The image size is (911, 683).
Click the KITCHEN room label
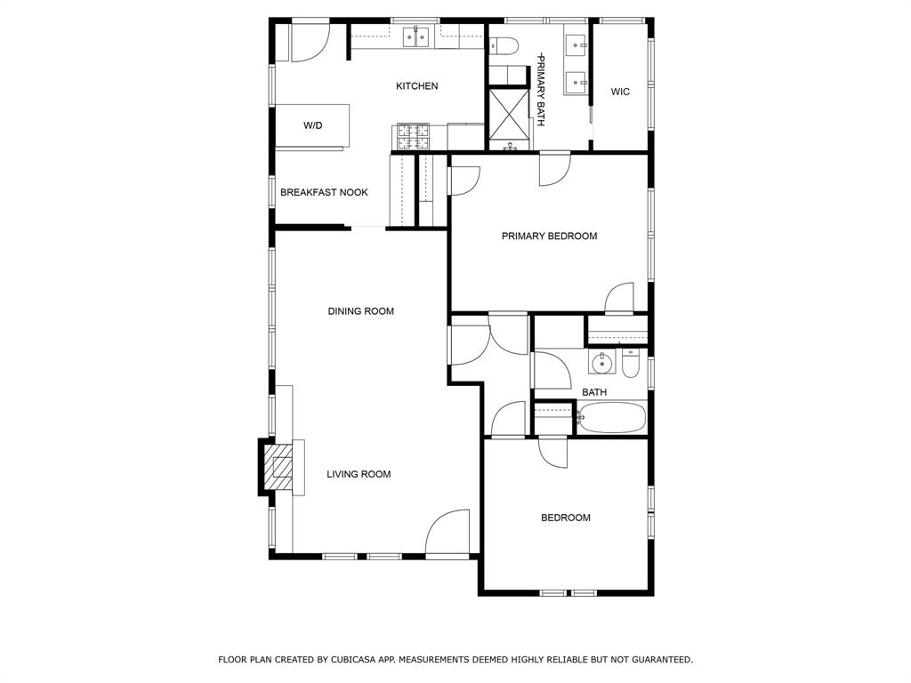(x=416, y=86)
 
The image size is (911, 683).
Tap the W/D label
(x=312, y=125)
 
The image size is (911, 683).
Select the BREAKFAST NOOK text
(x=324, y=192)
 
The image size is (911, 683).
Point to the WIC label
(x=620, y=92)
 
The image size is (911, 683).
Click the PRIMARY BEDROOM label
(x=549, y=236)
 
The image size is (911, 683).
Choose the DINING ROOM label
(x=361, y=311)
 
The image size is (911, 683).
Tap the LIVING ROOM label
(x=359, y=474)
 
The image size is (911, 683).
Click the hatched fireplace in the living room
(x=278, y=468)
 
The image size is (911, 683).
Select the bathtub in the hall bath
(x=612, y=418)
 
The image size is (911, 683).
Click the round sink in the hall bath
(x=602, y=364)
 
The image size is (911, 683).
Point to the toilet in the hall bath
(x=631, y=364)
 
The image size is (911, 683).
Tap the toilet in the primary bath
(x=504, y=44)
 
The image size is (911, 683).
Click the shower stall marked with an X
(x=509, y=115)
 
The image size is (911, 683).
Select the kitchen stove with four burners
(x=414, y=137)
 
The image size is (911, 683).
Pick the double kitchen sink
(x=417, y=36)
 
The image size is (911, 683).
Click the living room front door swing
(x=447, y=532)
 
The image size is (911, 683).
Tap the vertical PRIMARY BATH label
(x=540, y=90)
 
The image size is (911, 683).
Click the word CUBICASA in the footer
(x=355, y=659)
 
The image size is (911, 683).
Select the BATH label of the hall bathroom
(x=594, y=392)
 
